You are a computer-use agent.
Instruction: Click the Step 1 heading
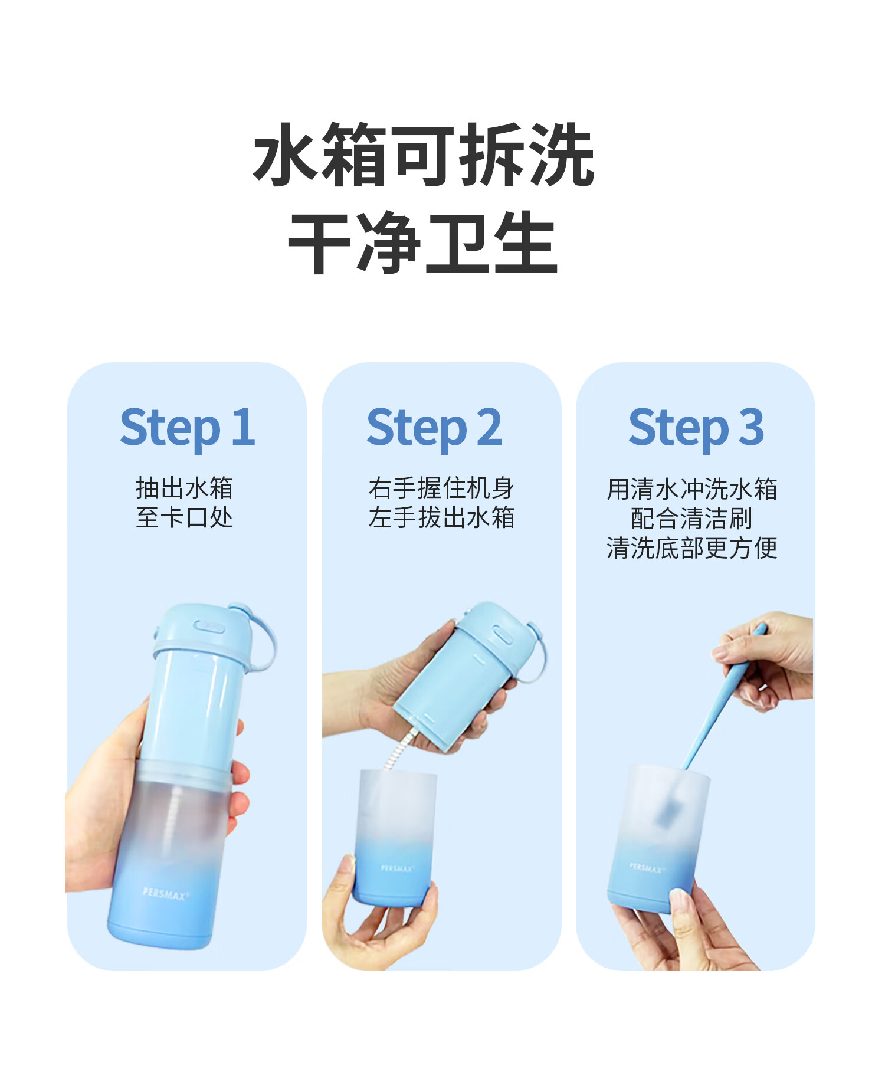point(188,428)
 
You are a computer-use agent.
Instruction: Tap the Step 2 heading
point(435,428)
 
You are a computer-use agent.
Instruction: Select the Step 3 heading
point(696,428)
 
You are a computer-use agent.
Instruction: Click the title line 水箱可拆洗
point(424,155)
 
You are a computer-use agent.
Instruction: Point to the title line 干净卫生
point(422,242)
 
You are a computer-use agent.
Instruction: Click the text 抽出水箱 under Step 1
point(185,488)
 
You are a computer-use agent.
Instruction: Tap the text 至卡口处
point(185,517)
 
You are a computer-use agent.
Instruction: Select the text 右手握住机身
point(441,488)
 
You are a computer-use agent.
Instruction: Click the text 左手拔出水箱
point(441,517)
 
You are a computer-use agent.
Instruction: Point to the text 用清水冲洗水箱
point(692,489)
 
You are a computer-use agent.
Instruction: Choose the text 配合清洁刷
point(692,519)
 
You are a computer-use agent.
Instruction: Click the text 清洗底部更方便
point(692,548)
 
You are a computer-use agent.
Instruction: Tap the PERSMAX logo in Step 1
point(166,894)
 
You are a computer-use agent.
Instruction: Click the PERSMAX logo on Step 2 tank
point(398,868)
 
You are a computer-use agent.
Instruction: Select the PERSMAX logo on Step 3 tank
point(646,868)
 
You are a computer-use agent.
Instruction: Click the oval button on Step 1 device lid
point(209,627)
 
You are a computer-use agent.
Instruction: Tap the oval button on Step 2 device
point(503,637)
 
